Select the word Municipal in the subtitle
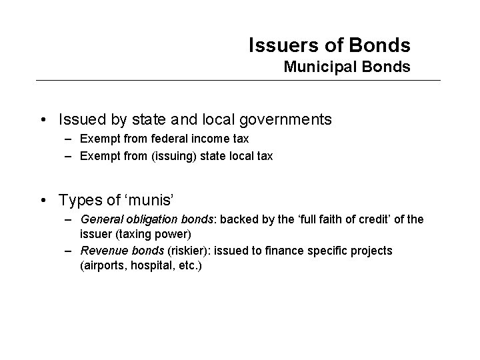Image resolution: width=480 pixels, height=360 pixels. (314, 67)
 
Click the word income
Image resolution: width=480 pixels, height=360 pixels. (209, 139)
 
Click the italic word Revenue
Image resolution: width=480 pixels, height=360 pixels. (100, 250)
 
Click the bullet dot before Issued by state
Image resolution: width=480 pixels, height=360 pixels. (43, 121)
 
